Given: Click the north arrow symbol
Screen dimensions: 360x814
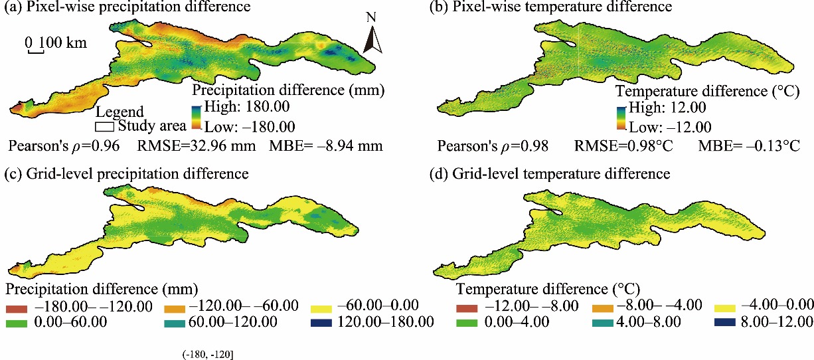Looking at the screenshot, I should click(373, 37).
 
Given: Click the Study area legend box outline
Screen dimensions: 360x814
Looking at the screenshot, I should click(105, 126).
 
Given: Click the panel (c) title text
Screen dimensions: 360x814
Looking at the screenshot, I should click(125, 174).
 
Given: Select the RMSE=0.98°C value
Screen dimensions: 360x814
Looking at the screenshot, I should click(626, 145).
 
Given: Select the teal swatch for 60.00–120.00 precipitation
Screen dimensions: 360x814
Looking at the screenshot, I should click(172, 323).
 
